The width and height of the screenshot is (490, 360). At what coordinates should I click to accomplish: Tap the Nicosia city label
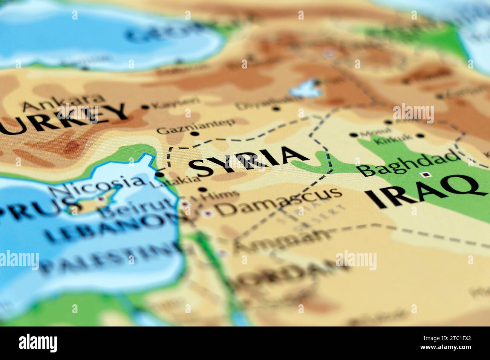(97, 186)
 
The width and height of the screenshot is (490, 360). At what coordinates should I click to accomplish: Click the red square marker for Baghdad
(426, 174)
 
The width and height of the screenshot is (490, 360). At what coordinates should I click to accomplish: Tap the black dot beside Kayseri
(145, 107)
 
